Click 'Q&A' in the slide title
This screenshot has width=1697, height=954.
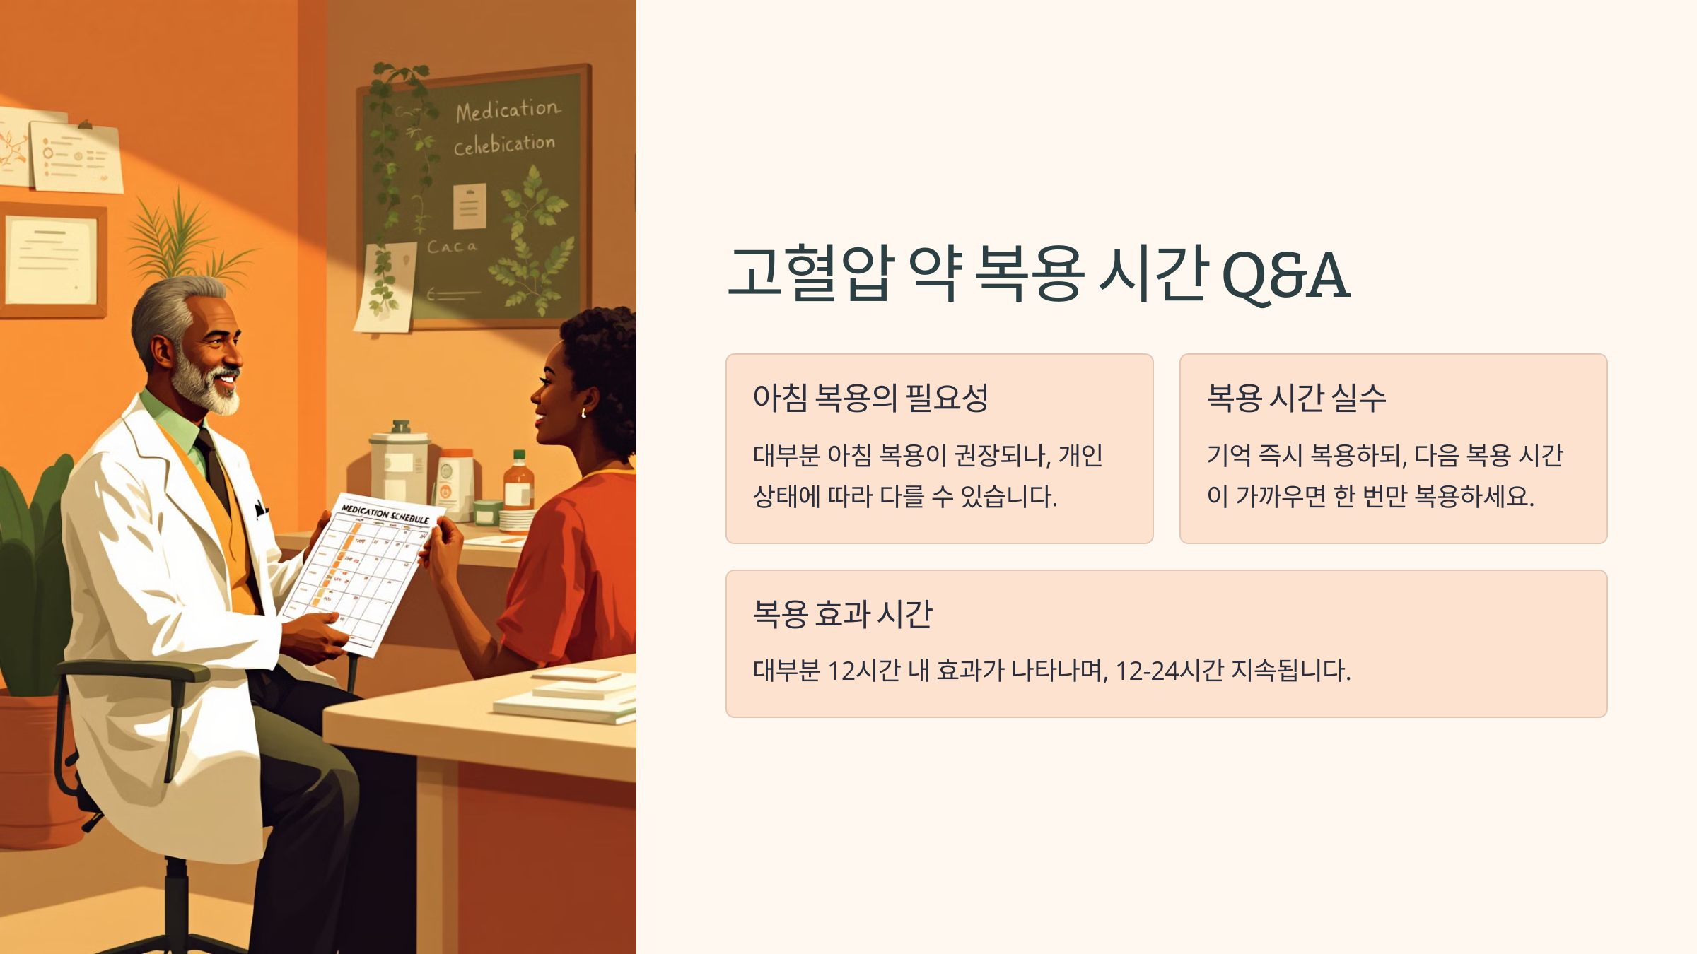pos(1285,276)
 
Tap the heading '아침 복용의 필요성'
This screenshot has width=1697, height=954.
pos(870,397)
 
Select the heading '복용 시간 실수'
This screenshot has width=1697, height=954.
pos(1295,397)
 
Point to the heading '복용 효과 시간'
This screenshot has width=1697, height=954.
pos(842,613)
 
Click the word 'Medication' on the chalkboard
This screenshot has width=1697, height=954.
pos(507,110)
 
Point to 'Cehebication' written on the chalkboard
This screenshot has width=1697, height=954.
pos(504,145)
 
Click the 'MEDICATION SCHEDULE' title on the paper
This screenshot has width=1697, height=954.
pos(385,514)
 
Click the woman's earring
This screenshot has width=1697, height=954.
pos(583,413)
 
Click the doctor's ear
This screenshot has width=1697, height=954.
pos(161,351)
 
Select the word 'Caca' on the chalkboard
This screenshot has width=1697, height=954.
pos(452,247)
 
